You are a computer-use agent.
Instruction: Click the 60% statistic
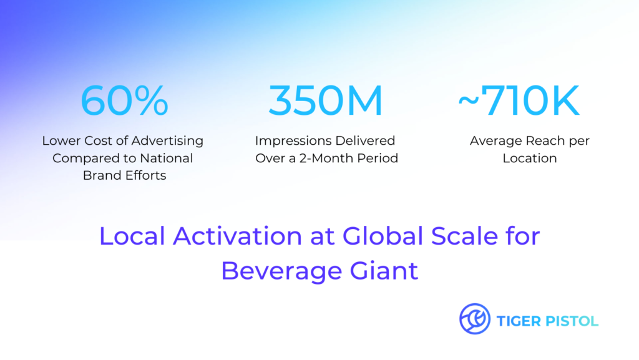click(x=124, y=100)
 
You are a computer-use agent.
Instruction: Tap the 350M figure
click(x=326, y=100)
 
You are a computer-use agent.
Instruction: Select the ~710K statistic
click(x=519, y=100)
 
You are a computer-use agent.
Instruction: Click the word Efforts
click(x=145, y=175)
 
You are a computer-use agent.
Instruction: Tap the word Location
click(x=529, y=158)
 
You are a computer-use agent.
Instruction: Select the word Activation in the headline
click(x=238, y=236)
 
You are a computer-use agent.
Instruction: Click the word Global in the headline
click(x=383, y=236)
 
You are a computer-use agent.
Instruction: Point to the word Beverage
click(x=281, y=271)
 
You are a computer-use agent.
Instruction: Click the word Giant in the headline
click(x=384, y=271)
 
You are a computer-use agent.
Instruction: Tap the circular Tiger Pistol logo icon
click(x=475, y=319)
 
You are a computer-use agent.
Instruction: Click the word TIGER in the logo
click(x=519, y=321)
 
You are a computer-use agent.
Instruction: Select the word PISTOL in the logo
click(x=572, y=321)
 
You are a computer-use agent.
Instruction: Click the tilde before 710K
click(x=468, y=101)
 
